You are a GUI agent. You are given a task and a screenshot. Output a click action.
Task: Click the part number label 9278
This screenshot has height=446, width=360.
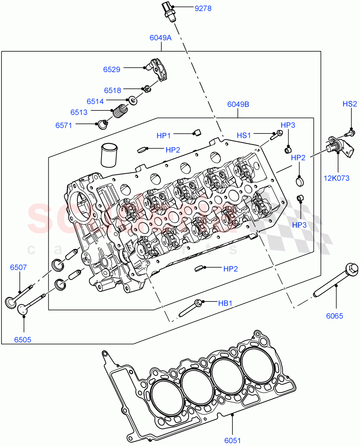tap(203, 8)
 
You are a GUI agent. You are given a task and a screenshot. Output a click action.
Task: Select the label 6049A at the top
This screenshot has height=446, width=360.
tap(160, 38)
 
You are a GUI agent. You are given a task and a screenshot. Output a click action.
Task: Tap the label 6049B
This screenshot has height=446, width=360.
tap(238, 104)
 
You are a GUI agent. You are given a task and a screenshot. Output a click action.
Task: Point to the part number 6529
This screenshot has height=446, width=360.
tap(112, 69)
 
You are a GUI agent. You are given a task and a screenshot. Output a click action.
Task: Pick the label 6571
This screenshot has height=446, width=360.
tap(64, 125)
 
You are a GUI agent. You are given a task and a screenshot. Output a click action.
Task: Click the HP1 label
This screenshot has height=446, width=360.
tap(164, 136)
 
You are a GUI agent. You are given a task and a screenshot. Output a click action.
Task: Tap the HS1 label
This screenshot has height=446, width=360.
tap(244, 136)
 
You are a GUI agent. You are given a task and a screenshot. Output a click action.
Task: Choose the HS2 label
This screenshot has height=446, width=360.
tap(350, 104)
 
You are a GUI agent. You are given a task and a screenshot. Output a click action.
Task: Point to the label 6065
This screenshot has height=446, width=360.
tap(335, 316)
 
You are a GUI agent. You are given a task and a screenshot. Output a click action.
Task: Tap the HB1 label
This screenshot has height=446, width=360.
tap(225, 303)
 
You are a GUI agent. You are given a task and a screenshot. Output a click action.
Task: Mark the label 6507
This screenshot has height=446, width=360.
tap(18, 267)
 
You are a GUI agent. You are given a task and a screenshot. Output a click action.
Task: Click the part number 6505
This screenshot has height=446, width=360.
tap(23, 339)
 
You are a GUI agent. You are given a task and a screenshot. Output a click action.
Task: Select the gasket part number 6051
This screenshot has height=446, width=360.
tap(232, 441)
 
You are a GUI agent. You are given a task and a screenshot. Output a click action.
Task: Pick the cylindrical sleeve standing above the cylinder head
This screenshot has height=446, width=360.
tap(109, 155)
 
